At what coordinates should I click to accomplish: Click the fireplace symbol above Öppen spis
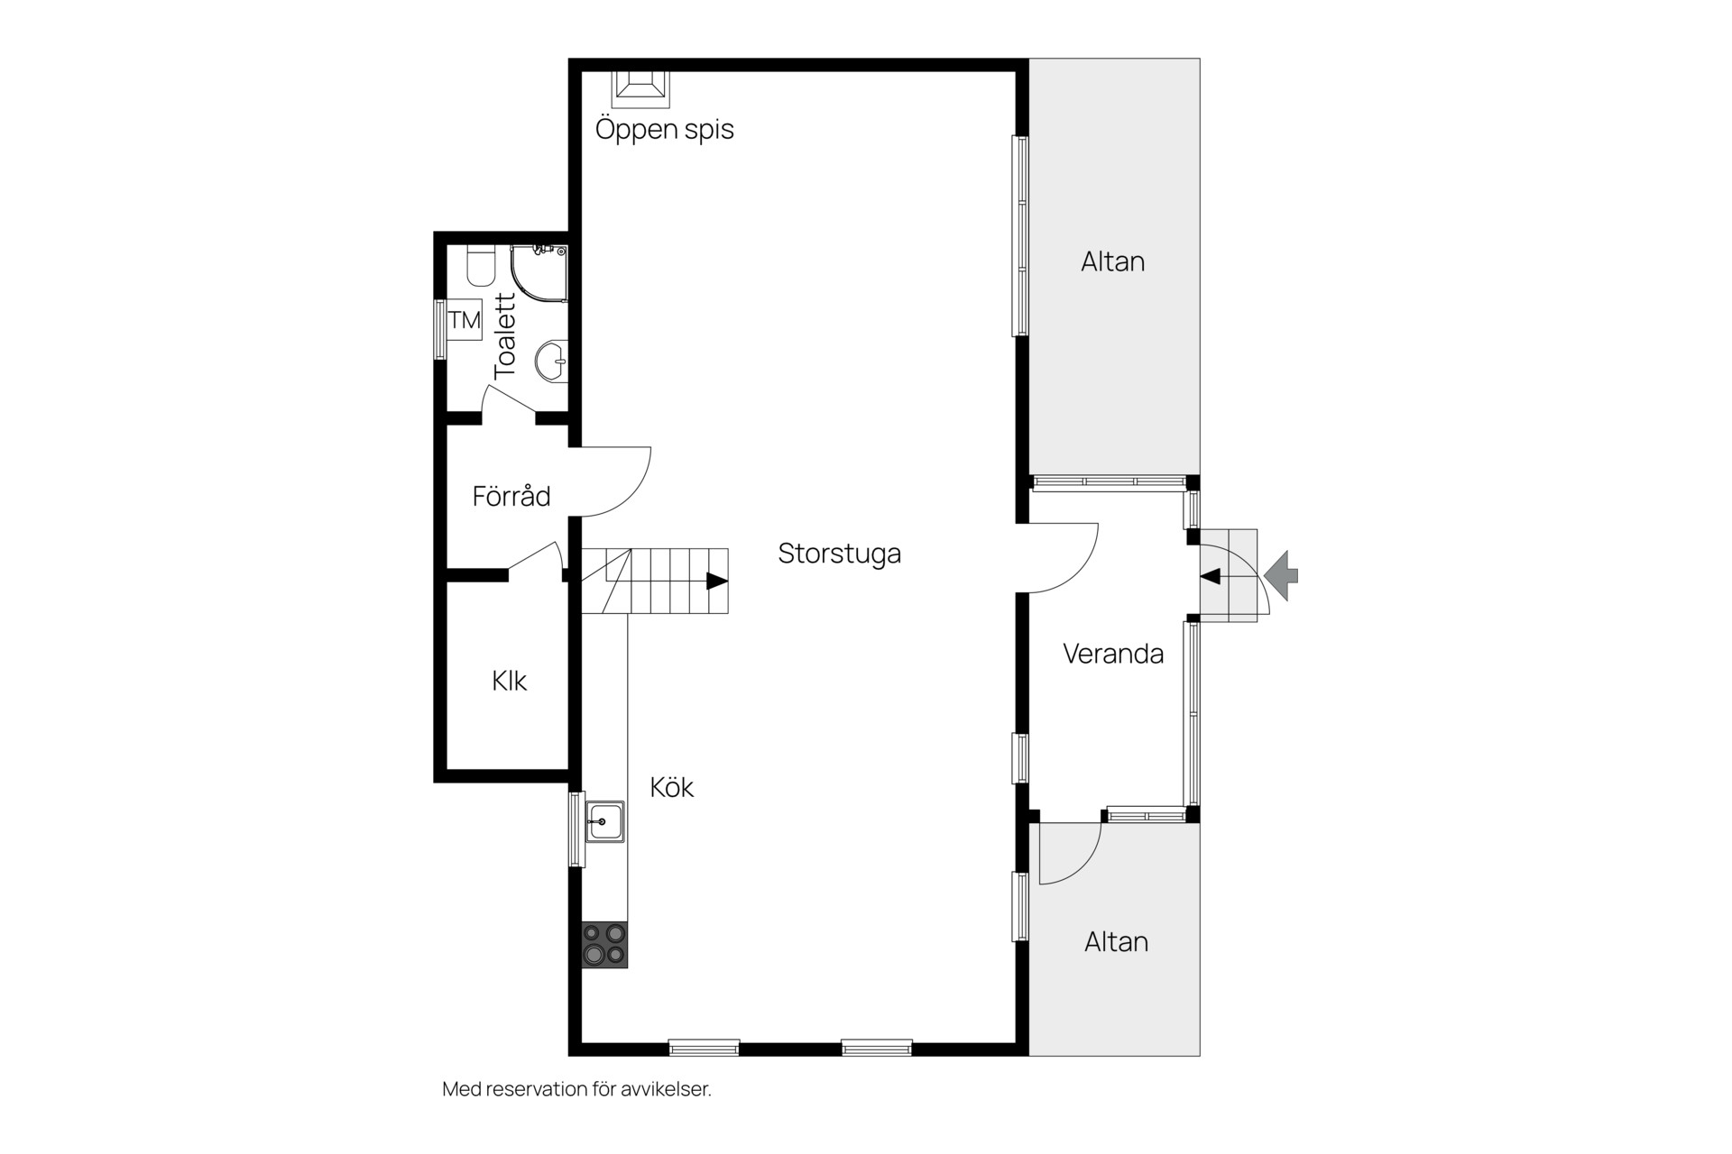(641, 84)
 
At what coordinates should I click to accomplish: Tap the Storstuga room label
(839, 553)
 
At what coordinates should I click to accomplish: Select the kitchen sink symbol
(604, 821)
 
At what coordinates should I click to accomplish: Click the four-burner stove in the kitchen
(604, 944)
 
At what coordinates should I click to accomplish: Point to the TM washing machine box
(465, 320)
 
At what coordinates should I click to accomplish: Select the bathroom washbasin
(551, 362)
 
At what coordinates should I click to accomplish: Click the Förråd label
(511, 496)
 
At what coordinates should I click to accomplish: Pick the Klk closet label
(509, 681)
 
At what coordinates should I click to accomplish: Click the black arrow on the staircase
(717, 581)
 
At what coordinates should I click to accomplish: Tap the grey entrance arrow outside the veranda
(1281, 575)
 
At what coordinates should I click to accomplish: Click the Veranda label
(1113, 653)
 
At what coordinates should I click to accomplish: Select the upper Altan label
(1113, 261)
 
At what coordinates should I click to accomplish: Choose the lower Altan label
(1116, 941)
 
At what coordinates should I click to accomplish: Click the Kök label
(672, 787)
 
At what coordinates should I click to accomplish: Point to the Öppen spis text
(665, 129)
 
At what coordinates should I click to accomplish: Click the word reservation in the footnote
(538, 1089)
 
